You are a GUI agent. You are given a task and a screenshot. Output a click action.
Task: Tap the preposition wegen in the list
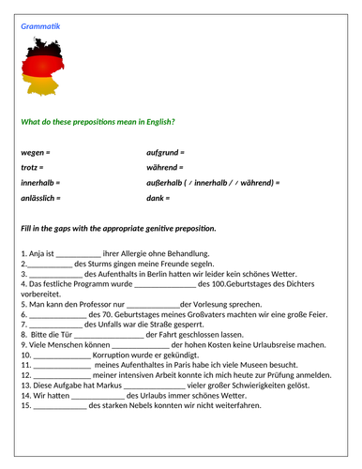point(33,151)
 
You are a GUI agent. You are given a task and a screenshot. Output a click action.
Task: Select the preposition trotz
point(31,167)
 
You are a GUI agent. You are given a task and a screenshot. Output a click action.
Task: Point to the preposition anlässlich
point(38,199)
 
